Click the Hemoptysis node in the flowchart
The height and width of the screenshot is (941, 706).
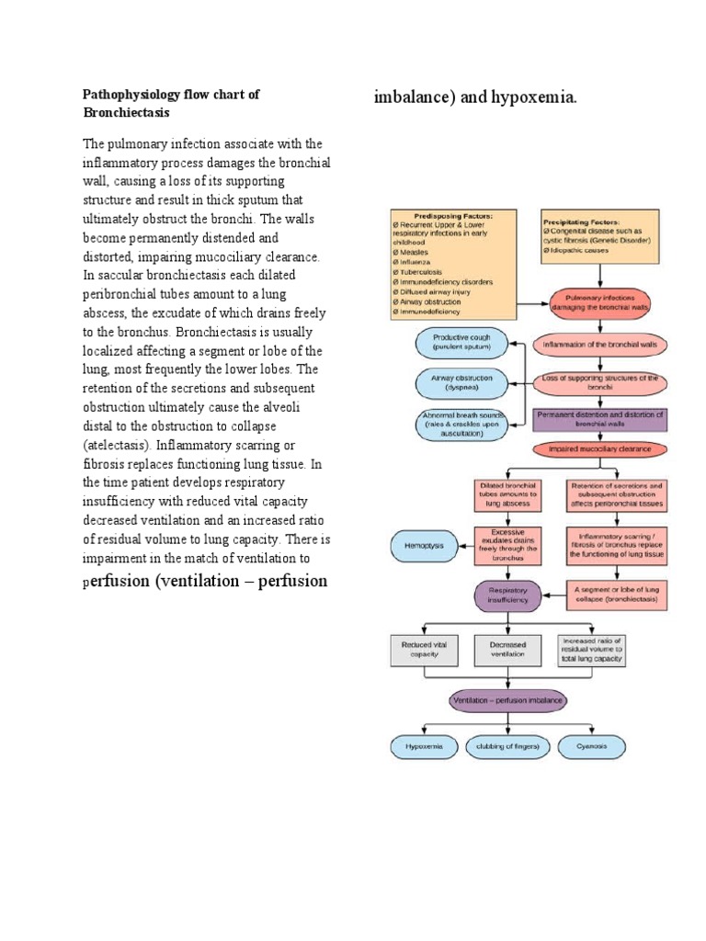pos(424,545)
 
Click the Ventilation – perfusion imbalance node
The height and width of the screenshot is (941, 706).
pos(508,700)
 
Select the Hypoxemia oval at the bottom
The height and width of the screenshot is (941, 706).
pos(424,746)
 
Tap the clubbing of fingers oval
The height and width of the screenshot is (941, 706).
pos(507,746)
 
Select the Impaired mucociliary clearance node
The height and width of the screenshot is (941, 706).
pos(599,449)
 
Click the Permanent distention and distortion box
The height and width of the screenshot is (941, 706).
pos(599,419)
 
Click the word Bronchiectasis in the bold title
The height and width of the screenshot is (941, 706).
pos(127,112)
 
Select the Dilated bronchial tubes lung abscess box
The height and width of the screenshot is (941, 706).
pos(508,495)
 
